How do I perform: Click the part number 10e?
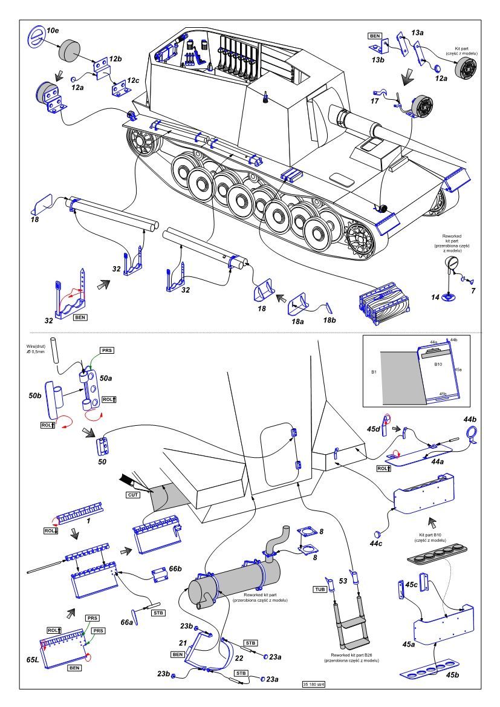pos(53,30)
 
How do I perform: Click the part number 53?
pos(343,581)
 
